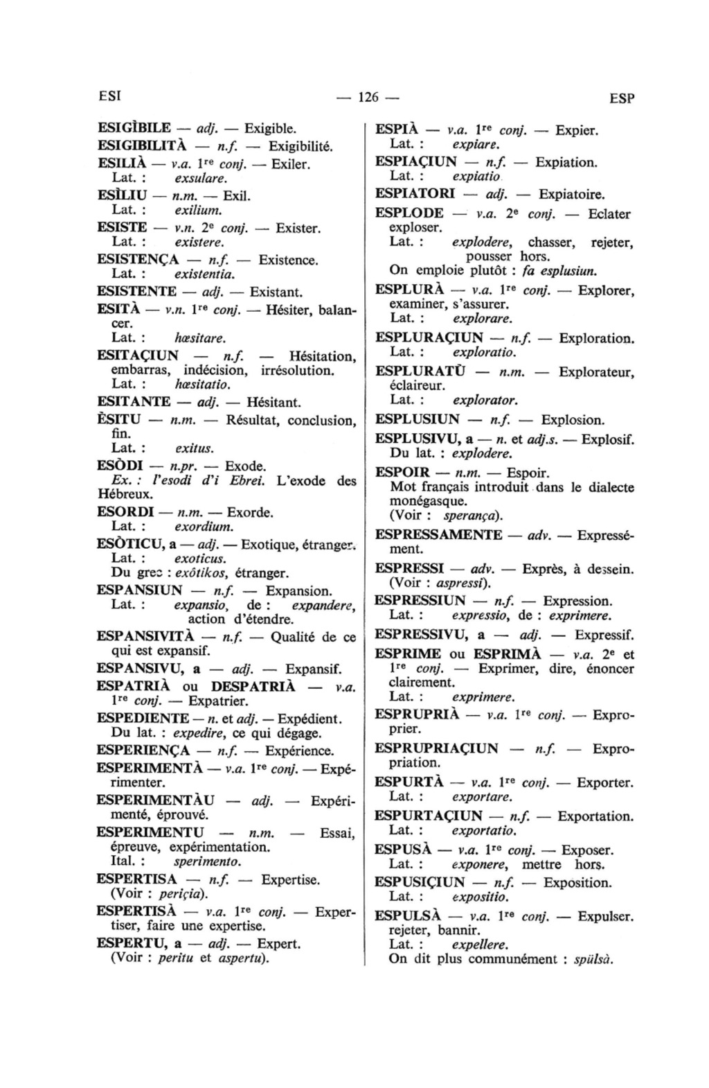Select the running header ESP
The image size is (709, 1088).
pyautogui.click(x=622, y=98)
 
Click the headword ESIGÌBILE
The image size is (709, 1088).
pyautogui.click(x=134, y=128)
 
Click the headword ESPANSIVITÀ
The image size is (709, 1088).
pyautogui.click(x=144, y=636)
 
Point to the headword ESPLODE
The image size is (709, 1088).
pyautogui.click(x=409, y=213)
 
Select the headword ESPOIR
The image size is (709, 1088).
pyautogui.click(x=403, y=473)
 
